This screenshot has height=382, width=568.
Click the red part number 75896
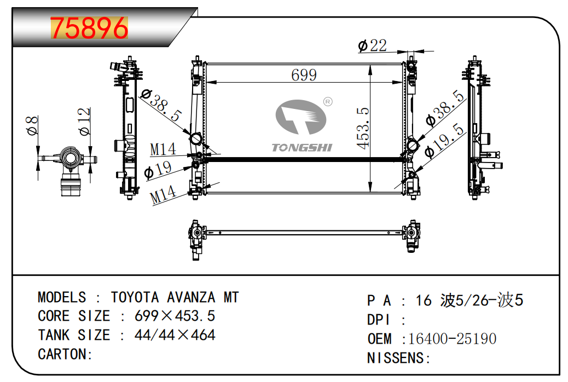click(89, 28)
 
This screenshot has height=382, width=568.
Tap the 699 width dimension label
click(304, 75)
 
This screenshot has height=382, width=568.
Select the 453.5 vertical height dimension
click(363, 128)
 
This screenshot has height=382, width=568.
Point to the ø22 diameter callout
click(373, 45)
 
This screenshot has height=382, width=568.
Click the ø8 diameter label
click(33, 125)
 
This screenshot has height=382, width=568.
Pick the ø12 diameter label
click(84, 122)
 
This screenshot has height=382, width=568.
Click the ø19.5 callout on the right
click(444, 141)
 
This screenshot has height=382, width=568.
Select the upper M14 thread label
click(163, 149)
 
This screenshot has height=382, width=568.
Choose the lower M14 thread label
click(163, 195)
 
